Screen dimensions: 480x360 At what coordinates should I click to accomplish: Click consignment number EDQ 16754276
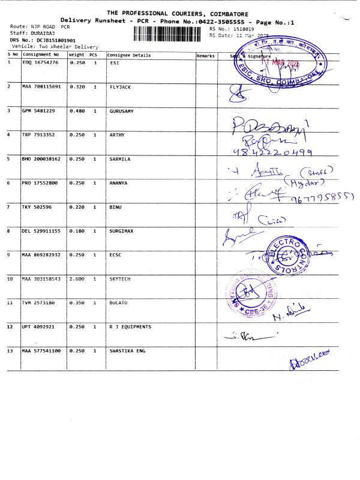(40, 62)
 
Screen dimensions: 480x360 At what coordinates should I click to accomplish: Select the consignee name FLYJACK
(120, 87)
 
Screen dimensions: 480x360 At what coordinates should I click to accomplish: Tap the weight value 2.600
(77, 279)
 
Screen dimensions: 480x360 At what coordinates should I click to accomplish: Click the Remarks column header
(205, 55)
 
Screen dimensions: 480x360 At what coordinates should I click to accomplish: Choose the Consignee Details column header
(129, 55)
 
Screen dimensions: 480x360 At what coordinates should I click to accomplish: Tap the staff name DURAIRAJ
(49, 34)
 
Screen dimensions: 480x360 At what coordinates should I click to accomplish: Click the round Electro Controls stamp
(295, 254)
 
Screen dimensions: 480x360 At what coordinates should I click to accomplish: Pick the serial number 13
(10, 350)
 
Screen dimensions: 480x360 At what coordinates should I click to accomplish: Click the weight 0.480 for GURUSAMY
(77, 111)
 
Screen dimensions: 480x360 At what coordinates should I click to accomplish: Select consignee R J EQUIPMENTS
(130, 327)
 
